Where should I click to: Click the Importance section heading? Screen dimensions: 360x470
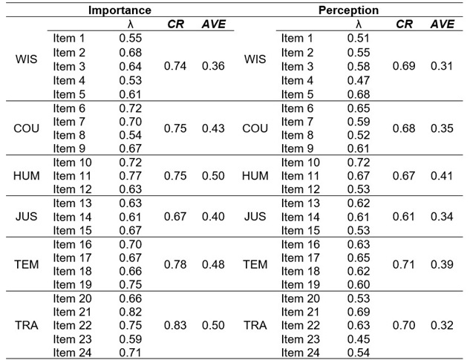pos(120,10)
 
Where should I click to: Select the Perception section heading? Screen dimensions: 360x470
pos(348,10)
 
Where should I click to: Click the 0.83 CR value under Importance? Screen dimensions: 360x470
pos(175,324)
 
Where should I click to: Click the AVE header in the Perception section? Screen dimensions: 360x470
pos(443,24)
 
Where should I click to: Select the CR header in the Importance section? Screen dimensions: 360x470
pos(176,24)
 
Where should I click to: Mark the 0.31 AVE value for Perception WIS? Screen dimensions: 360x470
pos(443,66)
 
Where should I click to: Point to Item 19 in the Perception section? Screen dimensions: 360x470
pos(300,284)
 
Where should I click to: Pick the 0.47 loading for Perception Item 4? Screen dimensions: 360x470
pos(358,79)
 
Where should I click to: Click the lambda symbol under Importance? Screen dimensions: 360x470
pos(131,24)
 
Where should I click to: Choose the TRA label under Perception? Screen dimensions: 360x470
pos(255,324)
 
